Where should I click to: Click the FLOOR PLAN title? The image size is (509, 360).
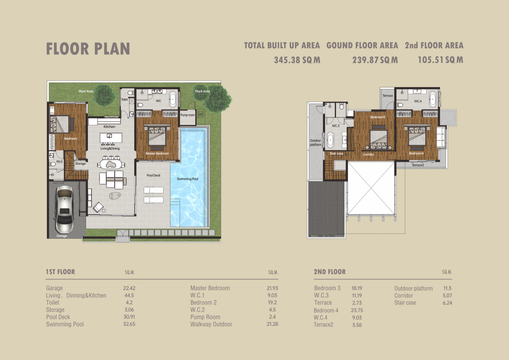click(88, 49)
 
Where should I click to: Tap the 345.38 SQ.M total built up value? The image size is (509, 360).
click(297, 60)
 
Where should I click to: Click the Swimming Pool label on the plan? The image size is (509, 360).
click(187, 179)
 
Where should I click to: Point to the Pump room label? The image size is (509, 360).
click(187, 115)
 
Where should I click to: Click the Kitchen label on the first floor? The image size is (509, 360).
click(109, 127)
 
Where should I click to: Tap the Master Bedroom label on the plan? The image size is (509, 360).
click(157, 153)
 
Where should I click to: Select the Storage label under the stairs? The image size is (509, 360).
click(80, 164)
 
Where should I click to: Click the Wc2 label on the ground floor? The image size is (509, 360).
click(59, 161)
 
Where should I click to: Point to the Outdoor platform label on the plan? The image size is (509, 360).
click(316, 143)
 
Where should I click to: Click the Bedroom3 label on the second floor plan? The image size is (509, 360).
click(378, 117)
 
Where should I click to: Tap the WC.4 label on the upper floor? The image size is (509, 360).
click(418, 101)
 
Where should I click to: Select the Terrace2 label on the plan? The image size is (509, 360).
click(418, 165)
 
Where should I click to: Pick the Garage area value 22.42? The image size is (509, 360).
click(129, 288)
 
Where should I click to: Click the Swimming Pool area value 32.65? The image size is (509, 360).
click(129, 324)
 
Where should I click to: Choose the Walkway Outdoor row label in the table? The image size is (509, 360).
click(211, 324)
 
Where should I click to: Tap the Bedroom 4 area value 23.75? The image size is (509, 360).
click(357, 310)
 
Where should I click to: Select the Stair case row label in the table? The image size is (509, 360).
click(405, 303)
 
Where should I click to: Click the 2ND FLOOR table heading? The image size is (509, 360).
click(330, 272)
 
